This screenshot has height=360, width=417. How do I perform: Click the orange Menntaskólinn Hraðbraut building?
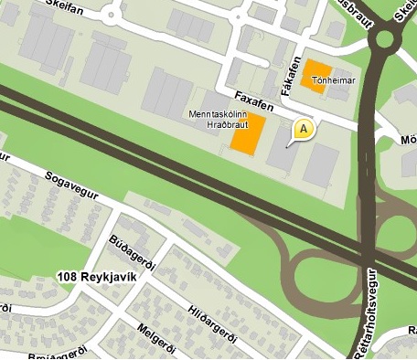point(247,134)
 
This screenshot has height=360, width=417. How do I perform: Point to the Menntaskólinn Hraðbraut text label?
point(217,119)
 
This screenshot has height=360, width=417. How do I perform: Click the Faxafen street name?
point(252,94)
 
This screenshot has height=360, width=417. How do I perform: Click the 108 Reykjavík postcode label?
point(96,277)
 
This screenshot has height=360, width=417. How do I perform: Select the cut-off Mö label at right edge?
point(408,141)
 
